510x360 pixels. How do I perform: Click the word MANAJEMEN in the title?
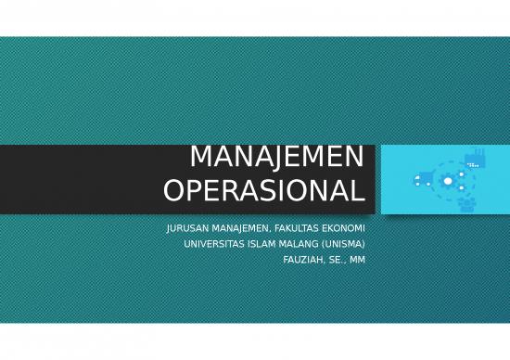276,157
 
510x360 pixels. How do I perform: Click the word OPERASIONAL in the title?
264,191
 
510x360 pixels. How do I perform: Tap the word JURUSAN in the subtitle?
187,228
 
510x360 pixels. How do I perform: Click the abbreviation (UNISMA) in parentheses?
347,244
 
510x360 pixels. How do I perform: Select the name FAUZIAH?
303,260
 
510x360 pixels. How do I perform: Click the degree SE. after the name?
337,260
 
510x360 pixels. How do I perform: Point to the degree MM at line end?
357,260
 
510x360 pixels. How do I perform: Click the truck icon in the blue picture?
423,179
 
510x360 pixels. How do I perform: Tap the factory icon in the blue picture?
475,160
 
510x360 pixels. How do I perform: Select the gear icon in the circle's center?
449,181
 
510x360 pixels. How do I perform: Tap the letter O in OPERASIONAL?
173,191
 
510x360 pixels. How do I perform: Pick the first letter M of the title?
200,157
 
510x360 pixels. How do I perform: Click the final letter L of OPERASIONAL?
358,191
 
